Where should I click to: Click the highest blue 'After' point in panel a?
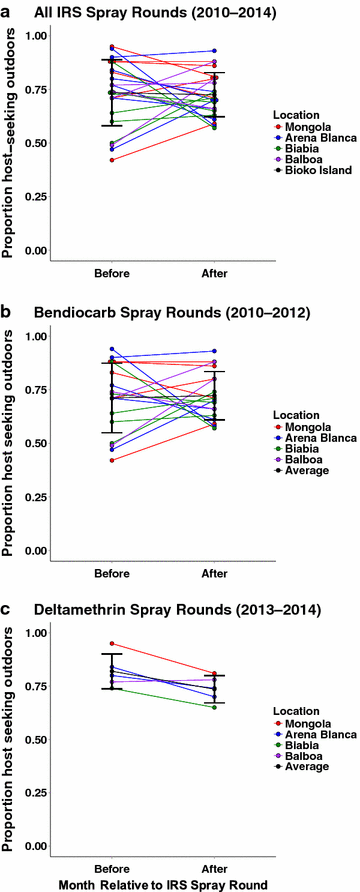point(212,51)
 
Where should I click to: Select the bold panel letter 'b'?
point(7,313)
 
